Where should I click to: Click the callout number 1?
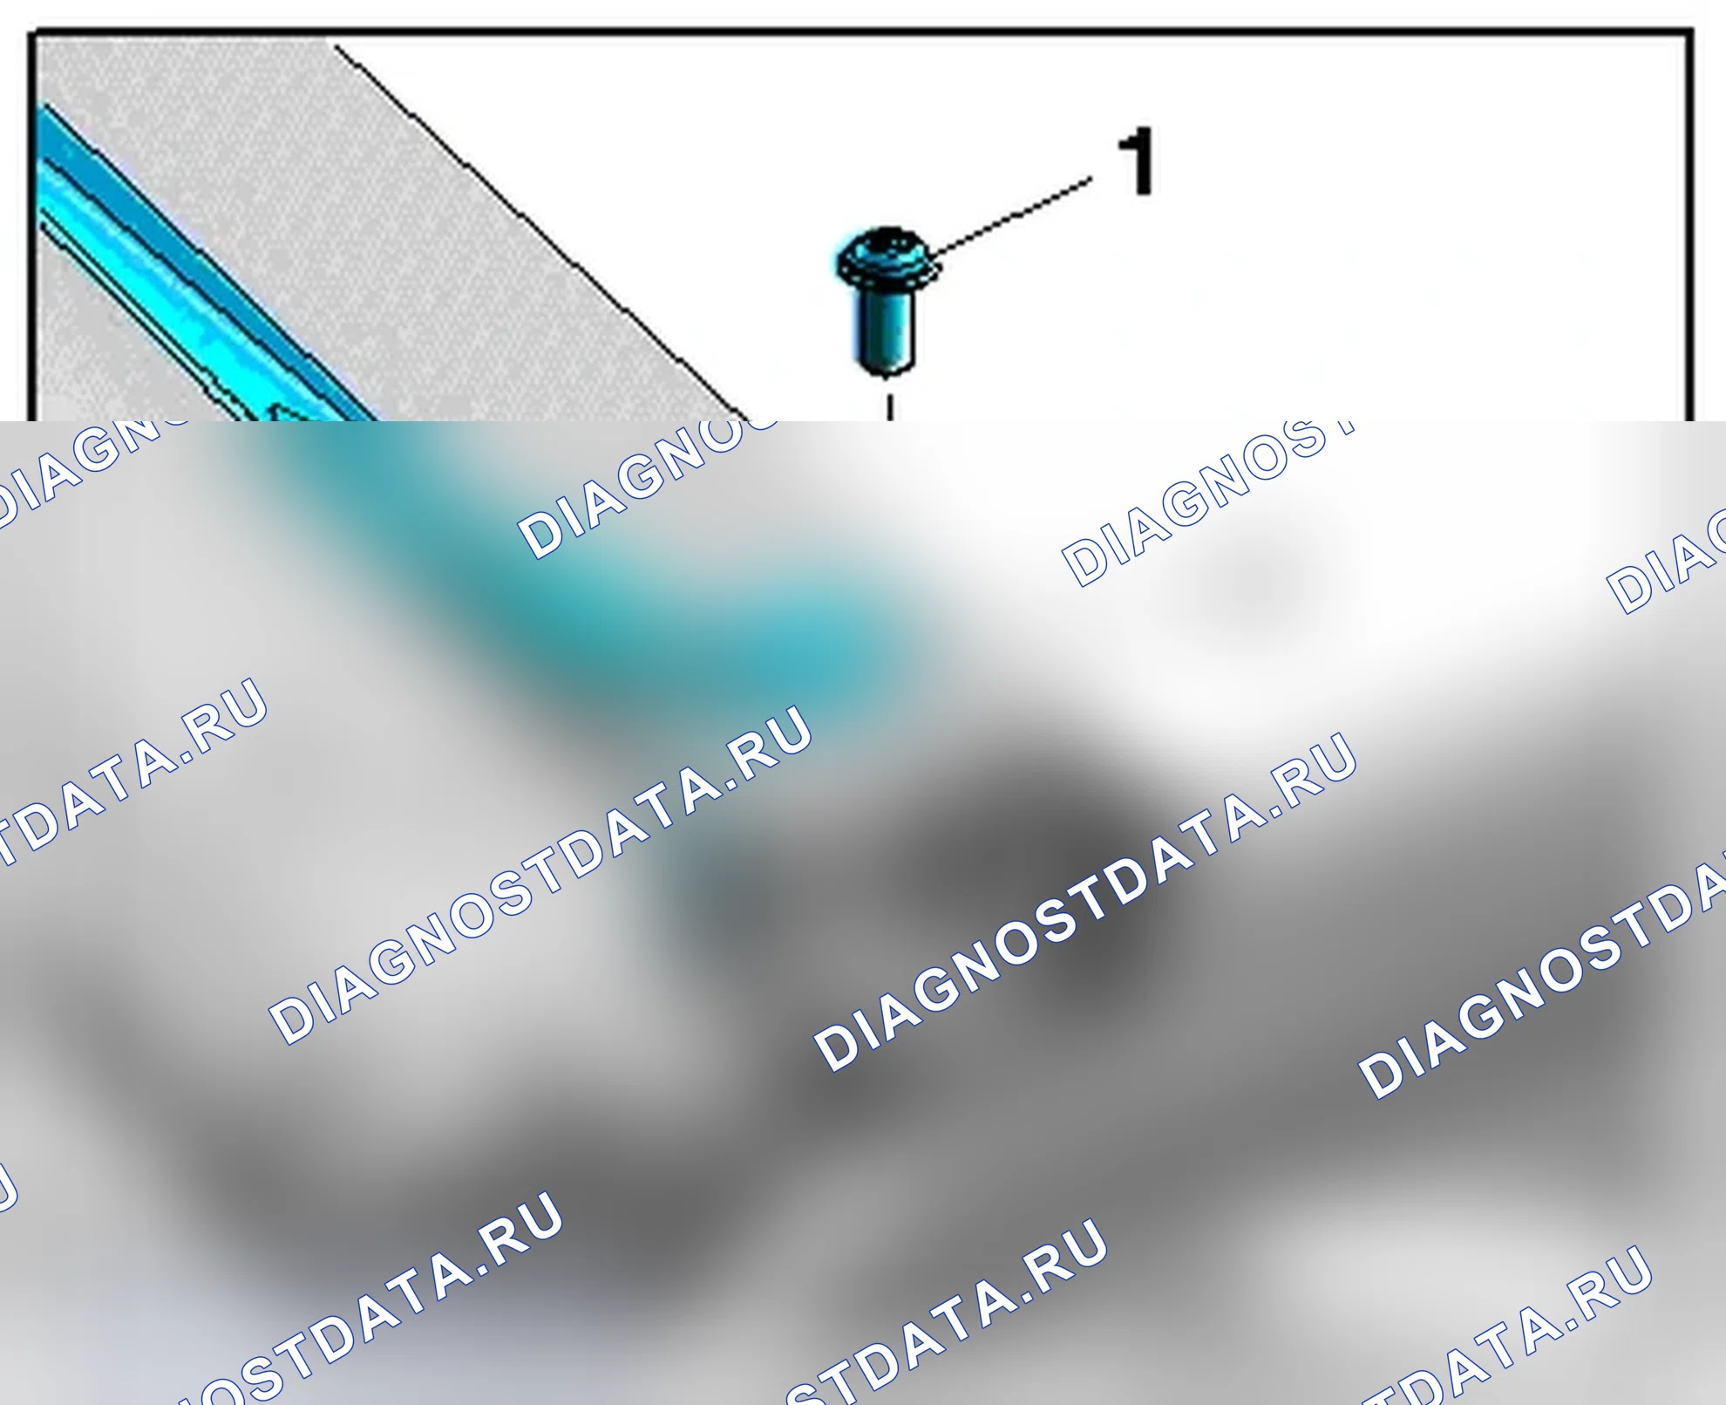click(1138, 161)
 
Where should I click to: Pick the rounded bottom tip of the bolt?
click(886, 368)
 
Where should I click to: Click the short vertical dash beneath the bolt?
click(889, 408)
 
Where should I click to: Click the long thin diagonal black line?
click(540, 231)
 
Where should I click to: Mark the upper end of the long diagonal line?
click(335, 45)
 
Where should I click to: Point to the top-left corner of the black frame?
click(31, 33)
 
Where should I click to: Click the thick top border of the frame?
click(861, 33)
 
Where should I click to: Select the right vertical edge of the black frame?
click(1689, 227)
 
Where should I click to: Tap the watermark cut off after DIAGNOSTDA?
click(1543, 972)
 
